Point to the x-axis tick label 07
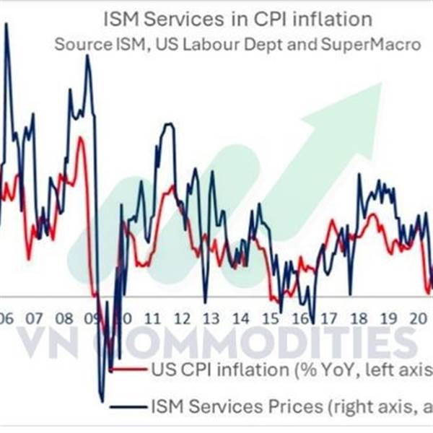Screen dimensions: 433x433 coord(34,318)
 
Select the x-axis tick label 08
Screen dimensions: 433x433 coord(64,318)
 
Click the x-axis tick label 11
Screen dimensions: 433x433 coord(152,318)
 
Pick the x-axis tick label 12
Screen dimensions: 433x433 coord(181,318)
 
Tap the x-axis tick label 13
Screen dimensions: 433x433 coord(211,318)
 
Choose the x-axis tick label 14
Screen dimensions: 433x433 coord(240,318)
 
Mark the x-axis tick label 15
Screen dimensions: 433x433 coord(270,318)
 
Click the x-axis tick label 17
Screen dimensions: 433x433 coord(329,318)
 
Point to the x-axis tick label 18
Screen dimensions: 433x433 coord(359,318)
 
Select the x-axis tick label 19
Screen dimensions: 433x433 coord(388,318)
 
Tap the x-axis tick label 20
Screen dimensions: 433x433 coord(418,318)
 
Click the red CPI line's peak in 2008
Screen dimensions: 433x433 coord(79,137)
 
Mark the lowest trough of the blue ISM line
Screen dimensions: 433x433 coord(102,400)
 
